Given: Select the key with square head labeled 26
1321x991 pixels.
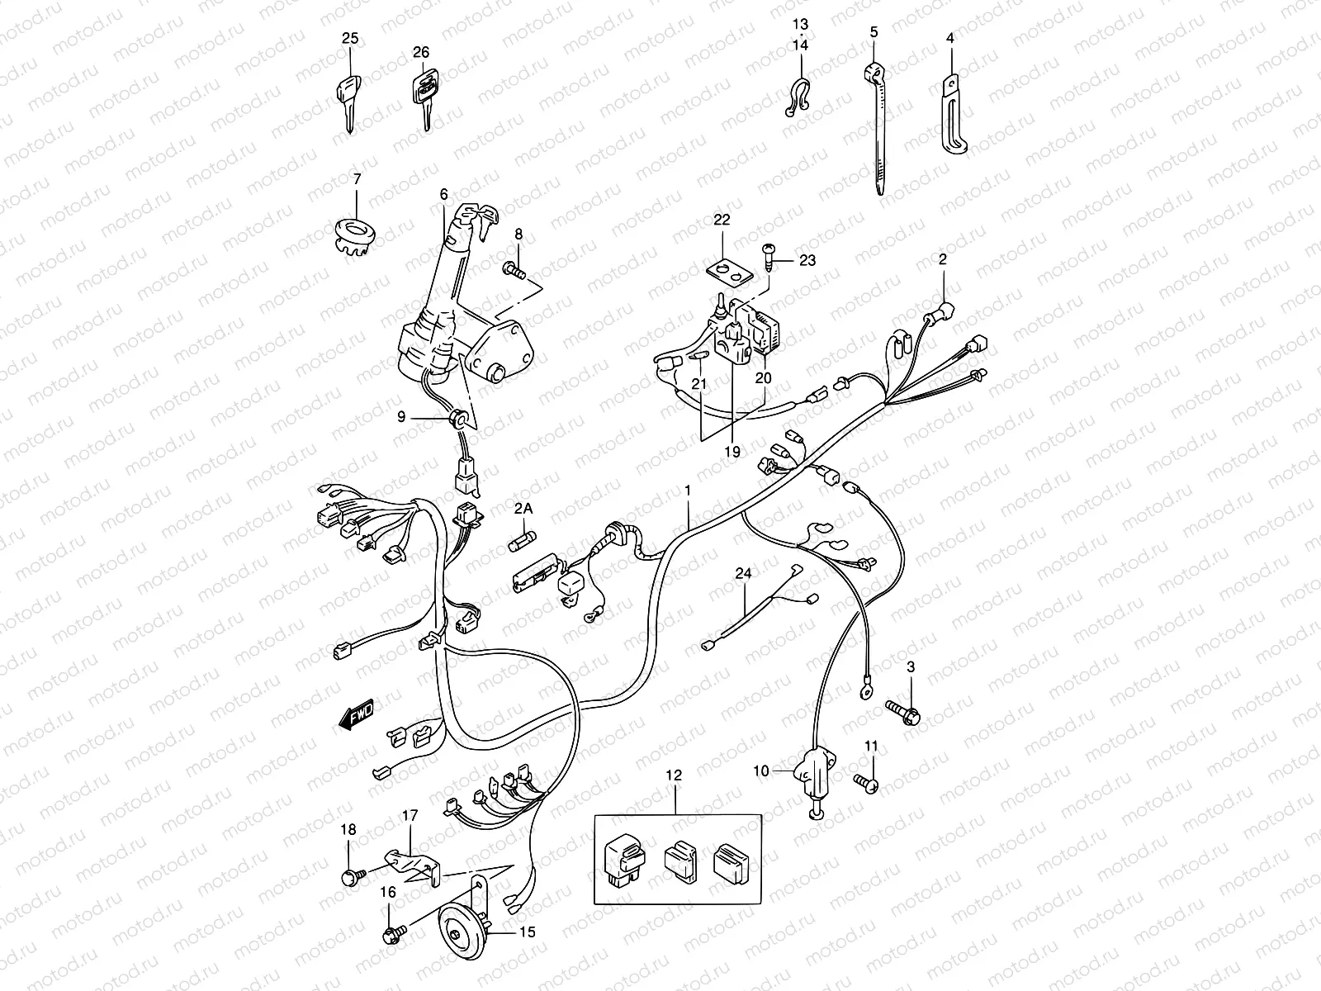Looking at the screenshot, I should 423,93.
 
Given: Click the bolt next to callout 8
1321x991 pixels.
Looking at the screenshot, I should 514,268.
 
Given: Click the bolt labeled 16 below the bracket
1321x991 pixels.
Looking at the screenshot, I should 391,937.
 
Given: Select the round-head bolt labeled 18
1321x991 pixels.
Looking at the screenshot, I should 348,878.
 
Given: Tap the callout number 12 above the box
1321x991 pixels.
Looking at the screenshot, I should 675,775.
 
